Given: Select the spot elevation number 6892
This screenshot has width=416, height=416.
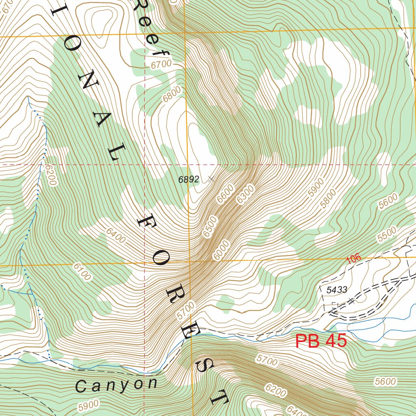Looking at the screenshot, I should pyautogui.click(x=188, y=180).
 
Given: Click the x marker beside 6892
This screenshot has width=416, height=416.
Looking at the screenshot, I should pyautogui.click(x=210, y=178).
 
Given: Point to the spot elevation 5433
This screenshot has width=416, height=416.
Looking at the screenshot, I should pyautogui.click(x=337, y=290).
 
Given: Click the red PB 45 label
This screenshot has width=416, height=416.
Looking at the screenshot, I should pyautogui.click(x=321, y=341).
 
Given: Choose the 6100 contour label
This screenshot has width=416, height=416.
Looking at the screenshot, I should pyautogui.click(x=82, y=272).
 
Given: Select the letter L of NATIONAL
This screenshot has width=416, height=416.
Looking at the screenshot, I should pyautogui.click(x=118, y=153).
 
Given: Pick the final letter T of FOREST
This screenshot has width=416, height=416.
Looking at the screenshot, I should pyautogui.click(x=218, y=397).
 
